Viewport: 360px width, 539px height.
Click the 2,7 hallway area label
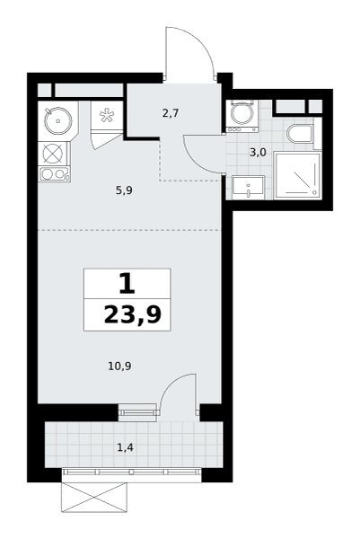(171, 113)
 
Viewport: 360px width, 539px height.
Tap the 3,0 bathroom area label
(258, 153)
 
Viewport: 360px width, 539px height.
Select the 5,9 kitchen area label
(124, 190)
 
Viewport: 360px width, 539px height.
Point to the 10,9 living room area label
(120, 367)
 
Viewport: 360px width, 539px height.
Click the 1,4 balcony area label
(125, 447)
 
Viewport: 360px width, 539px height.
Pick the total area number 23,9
(133, 315)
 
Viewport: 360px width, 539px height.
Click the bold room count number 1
(127, 284)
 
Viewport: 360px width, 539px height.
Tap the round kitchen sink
(58, 120)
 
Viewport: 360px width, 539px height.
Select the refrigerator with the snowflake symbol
(107, 116)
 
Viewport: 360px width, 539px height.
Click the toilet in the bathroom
(300, 134)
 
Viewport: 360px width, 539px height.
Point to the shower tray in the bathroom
(297, 176)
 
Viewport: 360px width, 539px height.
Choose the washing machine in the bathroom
(241, 116)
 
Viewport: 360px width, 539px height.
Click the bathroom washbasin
(248, 188)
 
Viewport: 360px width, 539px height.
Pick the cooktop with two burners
(54, 174)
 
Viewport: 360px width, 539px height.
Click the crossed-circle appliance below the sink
(54, 154)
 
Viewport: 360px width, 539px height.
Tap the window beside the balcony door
(137, 411)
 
